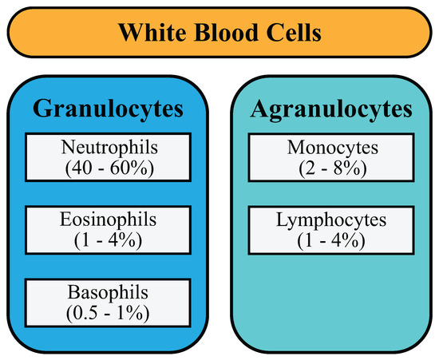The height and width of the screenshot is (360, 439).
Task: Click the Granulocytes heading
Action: tap(107, 109)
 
